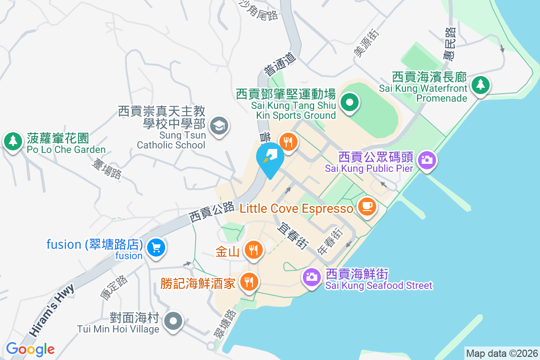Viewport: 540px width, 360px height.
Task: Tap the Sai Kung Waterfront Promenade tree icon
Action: tap(481, 84)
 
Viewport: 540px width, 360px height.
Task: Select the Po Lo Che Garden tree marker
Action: tap(13, 141)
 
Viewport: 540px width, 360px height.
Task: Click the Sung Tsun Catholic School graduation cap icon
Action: tap(220, 125)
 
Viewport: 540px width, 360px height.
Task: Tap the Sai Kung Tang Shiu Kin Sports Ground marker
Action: tap(349, 103)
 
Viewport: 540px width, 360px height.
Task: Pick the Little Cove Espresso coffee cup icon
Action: tap(367, 206)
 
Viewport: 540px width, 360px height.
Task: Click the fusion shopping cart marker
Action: tap(156, 247)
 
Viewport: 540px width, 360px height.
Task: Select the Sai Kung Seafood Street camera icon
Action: tap(311, 276)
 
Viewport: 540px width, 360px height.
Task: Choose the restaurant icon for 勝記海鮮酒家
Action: tap(248, 282)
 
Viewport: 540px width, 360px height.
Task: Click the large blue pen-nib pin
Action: tap(270, 157)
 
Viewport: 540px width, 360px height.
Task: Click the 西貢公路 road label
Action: tap(211, 211)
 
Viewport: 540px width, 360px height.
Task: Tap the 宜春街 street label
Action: tap(292, 236)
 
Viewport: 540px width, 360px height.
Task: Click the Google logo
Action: tap(30, 349)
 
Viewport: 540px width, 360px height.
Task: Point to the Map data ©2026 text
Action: tap(501, 353)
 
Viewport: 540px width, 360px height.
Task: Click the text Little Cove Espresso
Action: tap(297, 209)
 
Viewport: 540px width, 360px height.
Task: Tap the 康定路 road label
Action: tap(113, 287)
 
